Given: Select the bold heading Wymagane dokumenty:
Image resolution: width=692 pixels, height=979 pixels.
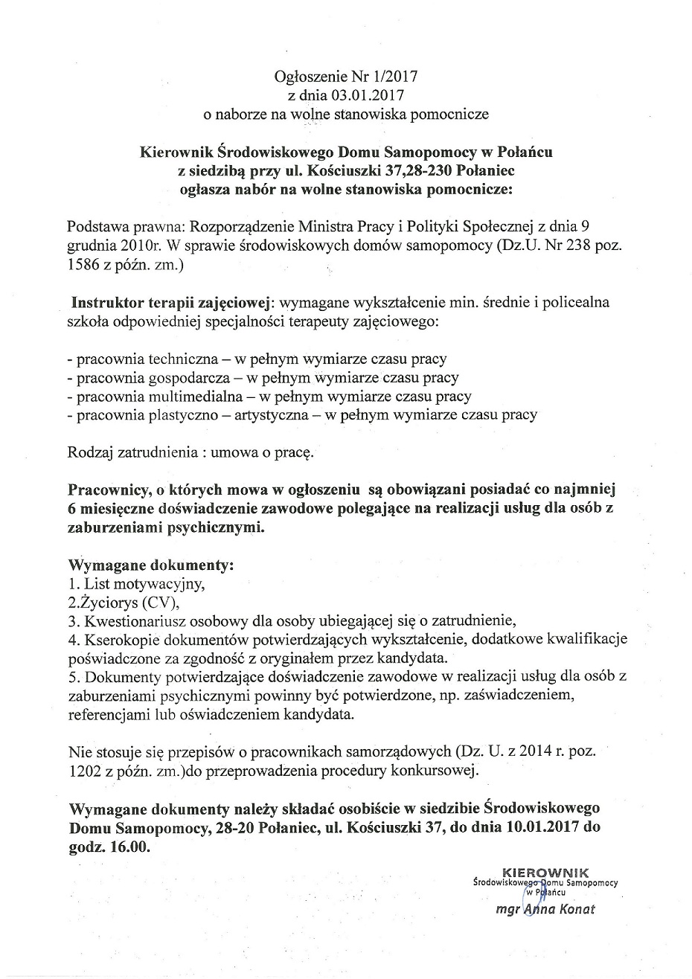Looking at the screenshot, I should pyautogui.click(x=151, y=565).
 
